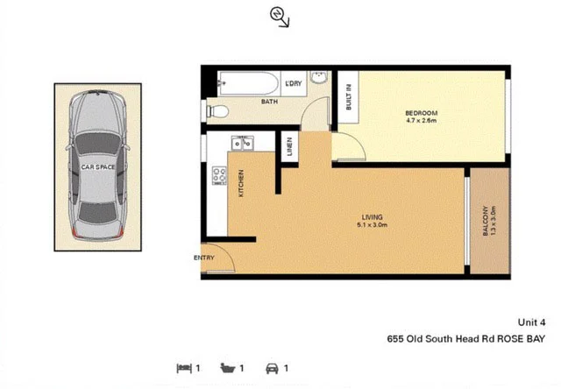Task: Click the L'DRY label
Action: [294, 83]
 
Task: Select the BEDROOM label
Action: [421, 113]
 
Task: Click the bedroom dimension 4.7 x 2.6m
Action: [421, 121]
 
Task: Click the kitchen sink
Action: [242, 142]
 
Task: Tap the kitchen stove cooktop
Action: [217, 177]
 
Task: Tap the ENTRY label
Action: [203, 258]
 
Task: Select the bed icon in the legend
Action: [184, 369]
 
